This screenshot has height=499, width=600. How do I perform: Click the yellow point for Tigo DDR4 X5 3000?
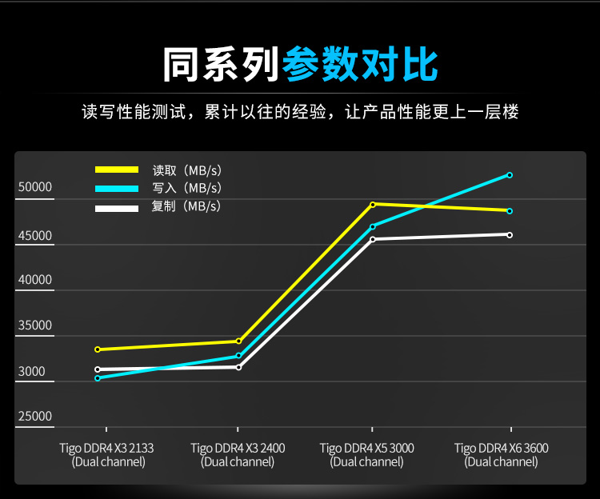(373, 204)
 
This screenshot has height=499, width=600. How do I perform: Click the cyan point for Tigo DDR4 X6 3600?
(510, 174)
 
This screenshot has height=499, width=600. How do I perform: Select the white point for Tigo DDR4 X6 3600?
(510, 234)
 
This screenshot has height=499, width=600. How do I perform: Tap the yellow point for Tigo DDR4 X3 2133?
(98, 349)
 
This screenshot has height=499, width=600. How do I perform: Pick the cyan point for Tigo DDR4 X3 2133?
(98, 377)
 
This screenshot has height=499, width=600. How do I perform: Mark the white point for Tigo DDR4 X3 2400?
(238, 367)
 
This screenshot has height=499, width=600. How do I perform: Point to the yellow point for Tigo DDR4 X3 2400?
(238, 341)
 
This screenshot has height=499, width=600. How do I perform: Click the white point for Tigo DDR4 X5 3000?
(373, 239)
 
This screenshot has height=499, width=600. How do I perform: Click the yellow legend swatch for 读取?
(118, 170)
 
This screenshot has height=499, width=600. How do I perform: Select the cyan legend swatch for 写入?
(118, 189)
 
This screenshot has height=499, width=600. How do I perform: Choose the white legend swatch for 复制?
(118, 208)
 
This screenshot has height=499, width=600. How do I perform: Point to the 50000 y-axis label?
(35, 188)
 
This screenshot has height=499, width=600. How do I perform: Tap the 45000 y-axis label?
(35, 237)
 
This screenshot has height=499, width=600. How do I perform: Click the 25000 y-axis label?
(35, 416)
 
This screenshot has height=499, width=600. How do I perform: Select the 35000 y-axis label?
(35, 325)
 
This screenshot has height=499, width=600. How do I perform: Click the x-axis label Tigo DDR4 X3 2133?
(106, 454)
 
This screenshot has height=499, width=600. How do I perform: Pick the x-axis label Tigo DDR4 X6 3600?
(502, 454)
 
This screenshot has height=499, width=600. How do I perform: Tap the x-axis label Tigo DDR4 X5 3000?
(367, 454)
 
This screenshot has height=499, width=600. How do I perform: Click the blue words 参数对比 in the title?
(360, 65)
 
